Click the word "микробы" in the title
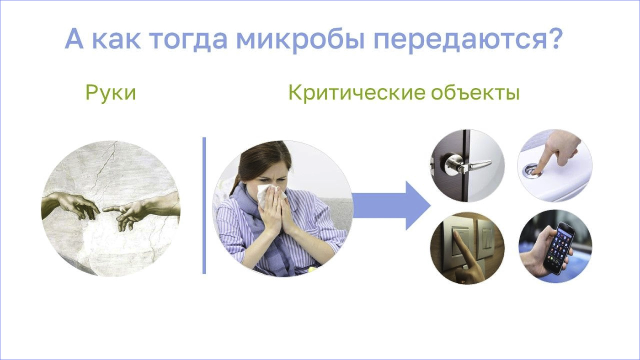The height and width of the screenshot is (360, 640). pos(300,39)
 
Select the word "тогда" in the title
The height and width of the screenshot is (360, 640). pos(188,39)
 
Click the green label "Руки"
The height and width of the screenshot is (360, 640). pos(111,93)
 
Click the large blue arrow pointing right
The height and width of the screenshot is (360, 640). pos(391,206)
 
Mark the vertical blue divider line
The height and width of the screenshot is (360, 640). pos(204,206)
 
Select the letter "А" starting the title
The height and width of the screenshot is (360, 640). pos(74,39)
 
